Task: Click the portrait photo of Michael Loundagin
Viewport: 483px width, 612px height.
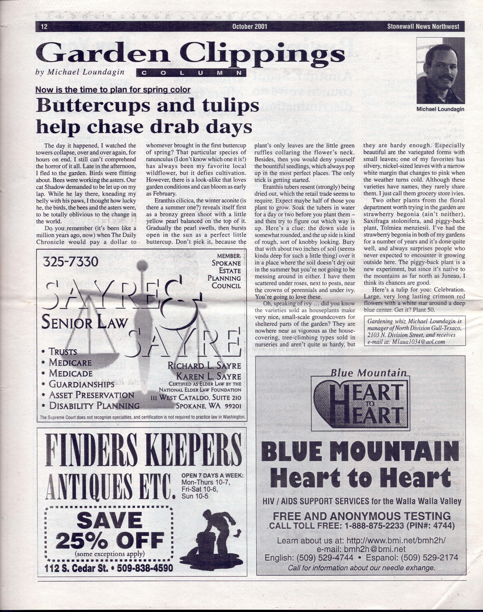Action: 440,71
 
